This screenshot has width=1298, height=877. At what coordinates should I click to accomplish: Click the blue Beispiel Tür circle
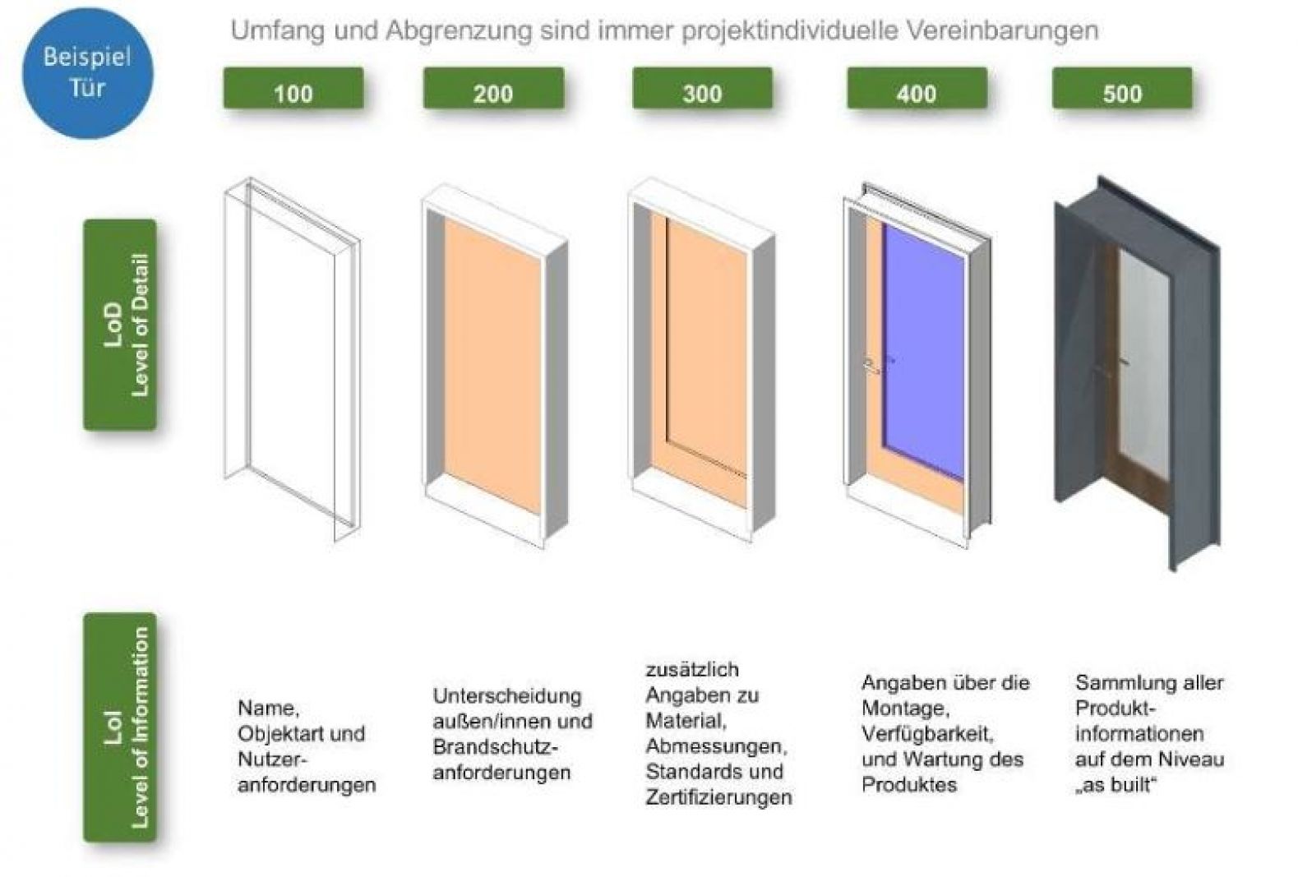[x=88, y=73]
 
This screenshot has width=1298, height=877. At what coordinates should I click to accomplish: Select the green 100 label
[x=293, y=89]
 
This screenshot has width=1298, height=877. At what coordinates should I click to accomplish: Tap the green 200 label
[x=494, y=89]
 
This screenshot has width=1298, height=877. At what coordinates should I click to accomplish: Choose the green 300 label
[x=702, y=89]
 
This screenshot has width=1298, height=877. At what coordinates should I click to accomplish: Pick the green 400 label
[x=917, y=89]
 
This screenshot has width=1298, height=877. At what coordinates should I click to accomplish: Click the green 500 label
[x=1122, y=89]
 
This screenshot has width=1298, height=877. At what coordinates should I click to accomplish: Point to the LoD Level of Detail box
[x=120, y=325]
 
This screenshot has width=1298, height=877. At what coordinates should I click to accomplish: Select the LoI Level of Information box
[x=120, y=727]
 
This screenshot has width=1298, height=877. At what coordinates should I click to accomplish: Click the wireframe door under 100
[x=292, y=359]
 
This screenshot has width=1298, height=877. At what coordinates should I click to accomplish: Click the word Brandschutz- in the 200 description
[x=495, y=746]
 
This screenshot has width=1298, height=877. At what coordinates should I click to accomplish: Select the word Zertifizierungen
[x=718, y=797]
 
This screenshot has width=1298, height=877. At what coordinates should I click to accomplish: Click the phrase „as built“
[x=1116, y=785]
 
